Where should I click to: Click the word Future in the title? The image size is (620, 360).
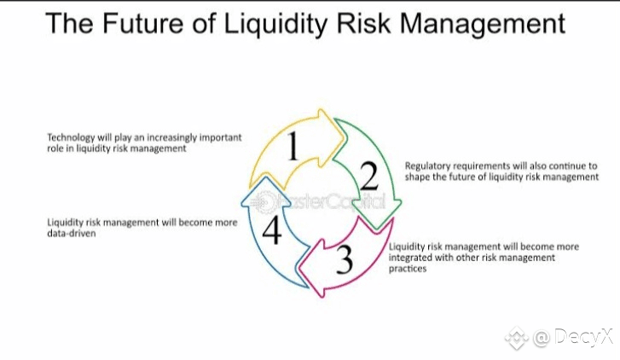point(142,23)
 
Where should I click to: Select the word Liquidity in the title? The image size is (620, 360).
point(275,25)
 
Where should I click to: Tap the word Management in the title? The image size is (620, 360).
point(483,25)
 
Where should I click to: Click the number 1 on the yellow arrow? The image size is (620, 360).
point(293,146)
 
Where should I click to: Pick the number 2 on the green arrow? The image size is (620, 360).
point(369,176)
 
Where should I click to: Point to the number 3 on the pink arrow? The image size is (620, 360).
point(344,259)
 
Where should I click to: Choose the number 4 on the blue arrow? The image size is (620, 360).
point(272,230)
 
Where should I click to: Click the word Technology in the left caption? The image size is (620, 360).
point(71,138)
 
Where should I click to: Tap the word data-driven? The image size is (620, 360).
point(71,234)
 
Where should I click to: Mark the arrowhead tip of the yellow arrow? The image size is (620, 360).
point(345,136)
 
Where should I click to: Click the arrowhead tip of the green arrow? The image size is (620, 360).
point(378,229)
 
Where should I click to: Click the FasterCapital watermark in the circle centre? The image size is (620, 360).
point(318,202)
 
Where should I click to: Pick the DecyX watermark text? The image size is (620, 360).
point(583,337)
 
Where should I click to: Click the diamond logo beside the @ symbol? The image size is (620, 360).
point(517,338)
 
